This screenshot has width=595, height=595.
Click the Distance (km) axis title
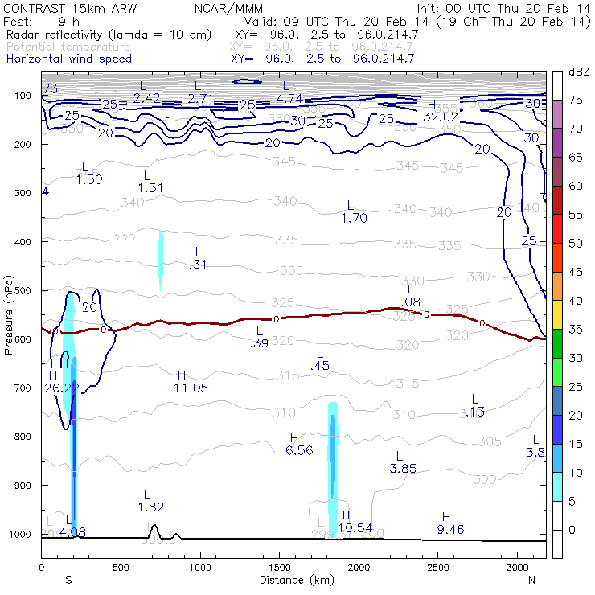(x=293, y=579)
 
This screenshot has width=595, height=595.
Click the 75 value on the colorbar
(x=576, y=100)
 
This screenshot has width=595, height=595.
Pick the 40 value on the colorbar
(x=576, y=301)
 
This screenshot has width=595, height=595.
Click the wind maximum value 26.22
(x=60, y=388)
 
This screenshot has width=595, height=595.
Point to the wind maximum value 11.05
(x=191, y=388)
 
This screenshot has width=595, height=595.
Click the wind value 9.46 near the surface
(x=449, y=528)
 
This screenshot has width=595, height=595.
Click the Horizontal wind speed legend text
(x=68, y=59)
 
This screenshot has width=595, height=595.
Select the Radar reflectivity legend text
(x=109, y=35)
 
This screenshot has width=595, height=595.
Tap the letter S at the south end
(x=69, y=579)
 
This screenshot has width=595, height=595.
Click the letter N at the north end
(x=531, y=579)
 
